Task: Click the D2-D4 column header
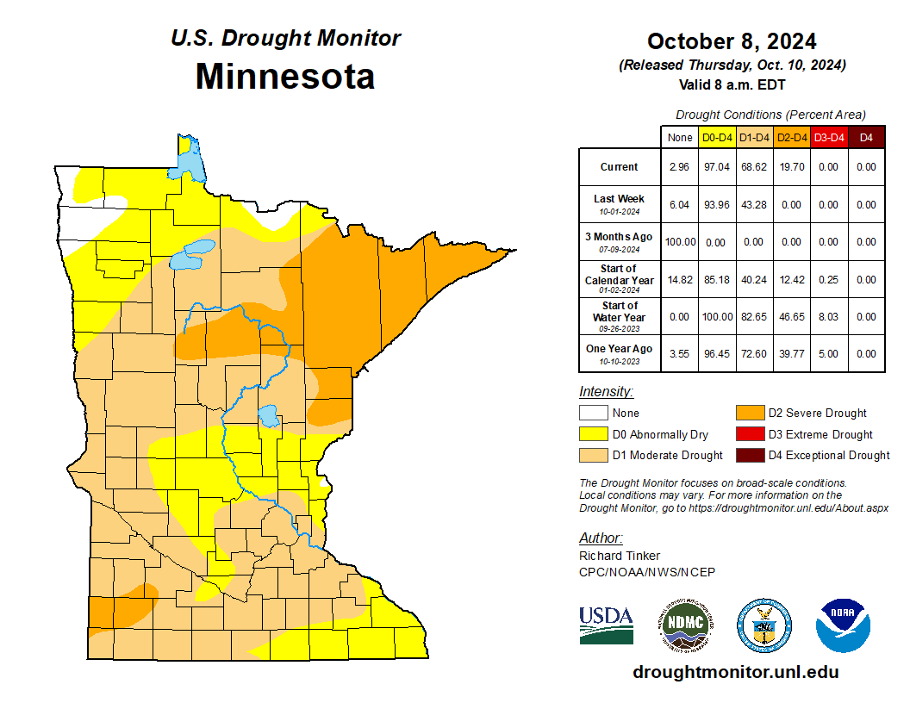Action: (x=790, y=137)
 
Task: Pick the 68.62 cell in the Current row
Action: (x=753, y=167)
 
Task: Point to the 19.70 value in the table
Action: (x=790, y=167)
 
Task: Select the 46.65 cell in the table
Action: (x=790, y=317)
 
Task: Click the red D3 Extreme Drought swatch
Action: (x=750, y=434)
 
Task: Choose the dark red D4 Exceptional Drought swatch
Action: (x=750, y=455)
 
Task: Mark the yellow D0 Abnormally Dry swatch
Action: (x=593, y=434)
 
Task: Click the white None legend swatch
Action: (x=593, y=414)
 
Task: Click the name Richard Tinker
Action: (x=620, y=556)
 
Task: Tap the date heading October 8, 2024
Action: (x=732, y=41)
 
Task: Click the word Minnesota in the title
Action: (x=284, y=76)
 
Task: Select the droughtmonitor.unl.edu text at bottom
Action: (x=735, y=672)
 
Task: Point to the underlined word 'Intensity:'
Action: (x=606, y=392)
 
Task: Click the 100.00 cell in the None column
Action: (x=679, y=242)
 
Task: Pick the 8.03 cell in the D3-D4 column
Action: (x=828, y=317)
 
